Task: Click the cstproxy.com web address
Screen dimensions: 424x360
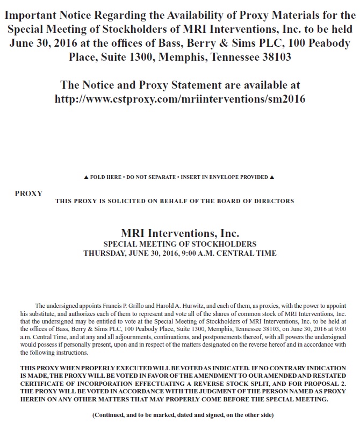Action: coord(180,99)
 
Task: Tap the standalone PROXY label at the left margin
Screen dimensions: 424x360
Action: coord(28,193)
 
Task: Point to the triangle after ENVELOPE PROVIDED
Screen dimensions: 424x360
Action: coord(272,177)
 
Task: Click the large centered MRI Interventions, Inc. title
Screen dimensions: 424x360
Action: coord(180,234)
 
